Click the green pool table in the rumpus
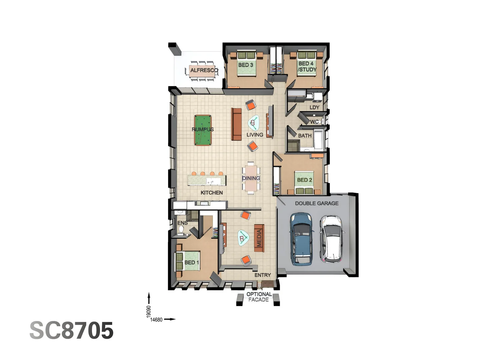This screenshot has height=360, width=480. [x=203, y=130]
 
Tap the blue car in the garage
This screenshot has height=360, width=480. [x=302, y=239]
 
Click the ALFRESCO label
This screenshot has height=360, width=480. [x=204, y=70]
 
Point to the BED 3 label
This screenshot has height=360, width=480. [x=246, y=65]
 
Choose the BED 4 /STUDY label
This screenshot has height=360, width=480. [x=307, y=66]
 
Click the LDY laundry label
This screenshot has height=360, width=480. [x=314, y=107]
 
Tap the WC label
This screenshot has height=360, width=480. [x=314, y=122]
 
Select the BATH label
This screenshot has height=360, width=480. [x=305, y=136]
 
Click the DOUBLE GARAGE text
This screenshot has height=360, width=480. [x=317, y=203]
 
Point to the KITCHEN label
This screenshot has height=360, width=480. [x=212, y=193]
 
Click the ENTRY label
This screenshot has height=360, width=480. [x=263, y=275]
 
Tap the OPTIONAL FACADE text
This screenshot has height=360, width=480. [x=259, y=297]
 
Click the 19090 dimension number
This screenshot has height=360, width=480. [x=149, y=312]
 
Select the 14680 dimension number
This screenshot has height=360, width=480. [x=156, y=320]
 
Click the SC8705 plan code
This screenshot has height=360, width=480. [x=71, y=331]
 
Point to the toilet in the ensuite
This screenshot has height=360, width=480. [x=181, y=229]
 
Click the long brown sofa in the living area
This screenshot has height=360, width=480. [x=236, y=124]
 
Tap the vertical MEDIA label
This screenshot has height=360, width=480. [x=259, y=238]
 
